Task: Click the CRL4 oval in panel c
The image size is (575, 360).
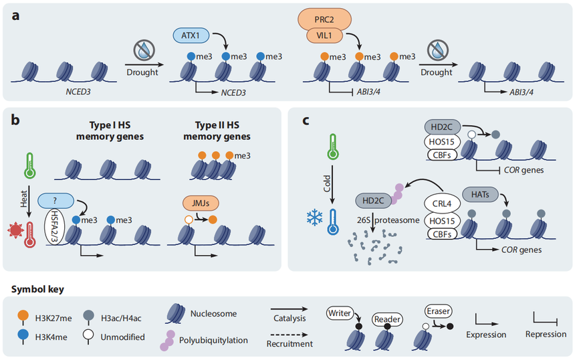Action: [x=441, y=201]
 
